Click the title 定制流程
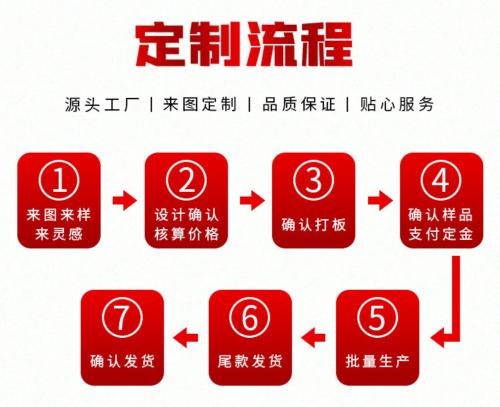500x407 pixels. point(243,45)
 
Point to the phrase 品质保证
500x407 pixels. point(299,105)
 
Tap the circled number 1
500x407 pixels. point(59,181)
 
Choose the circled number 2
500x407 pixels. point(187,181)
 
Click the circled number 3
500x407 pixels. point(313,181)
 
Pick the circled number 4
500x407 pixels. point(441,181)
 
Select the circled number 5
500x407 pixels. point(377,318)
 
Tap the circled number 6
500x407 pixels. point(250,318)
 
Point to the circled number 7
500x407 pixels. point(122,318)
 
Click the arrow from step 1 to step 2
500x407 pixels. point(123,200)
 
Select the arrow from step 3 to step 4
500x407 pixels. point(378,200)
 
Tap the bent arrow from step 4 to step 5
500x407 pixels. point(454,313)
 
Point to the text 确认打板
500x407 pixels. point(313,224)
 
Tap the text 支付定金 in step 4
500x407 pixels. point(441,234)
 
